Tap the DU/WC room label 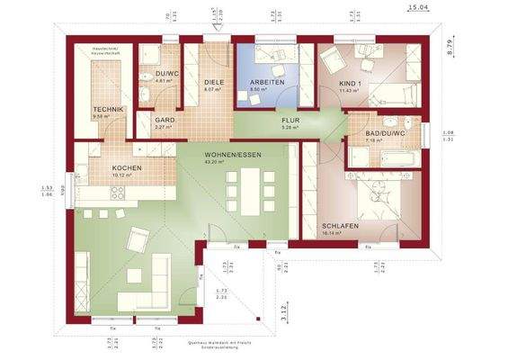[165, 75]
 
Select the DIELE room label [212, 81]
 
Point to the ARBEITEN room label [267, 82]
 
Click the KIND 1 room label [350, 84]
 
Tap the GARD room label [164, 120]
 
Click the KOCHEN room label [125, 168]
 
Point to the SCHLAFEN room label [340, 225]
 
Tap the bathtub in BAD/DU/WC [377, 158]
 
